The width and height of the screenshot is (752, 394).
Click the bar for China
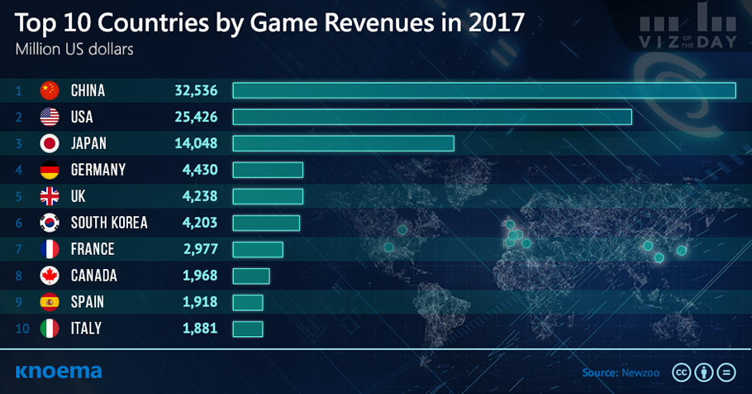[x=483, y=90]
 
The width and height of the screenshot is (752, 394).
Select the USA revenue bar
[x=432, y=117]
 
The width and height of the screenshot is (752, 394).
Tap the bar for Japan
[x=343, y=143]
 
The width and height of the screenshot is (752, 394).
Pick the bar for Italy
[x=248, y=329]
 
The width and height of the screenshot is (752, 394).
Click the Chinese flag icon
[x=50, y=90]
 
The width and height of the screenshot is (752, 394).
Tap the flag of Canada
[x=50, y=276]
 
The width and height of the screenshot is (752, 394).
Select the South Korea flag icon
[x=50, y=223]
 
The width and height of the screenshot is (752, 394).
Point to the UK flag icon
[x=50, y=196]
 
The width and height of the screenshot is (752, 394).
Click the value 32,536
[x=196, y=90]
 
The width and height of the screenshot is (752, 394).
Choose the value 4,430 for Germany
[x=200, y=170]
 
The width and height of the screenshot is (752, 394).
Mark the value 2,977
[x=200, y=249]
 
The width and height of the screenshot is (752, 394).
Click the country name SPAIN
[x=87, y=302]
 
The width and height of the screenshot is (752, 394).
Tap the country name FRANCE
[x=93, y=249]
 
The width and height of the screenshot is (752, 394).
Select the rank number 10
[x=22, y=329]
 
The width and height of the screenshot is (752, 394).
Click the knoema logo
[x=59, y=371]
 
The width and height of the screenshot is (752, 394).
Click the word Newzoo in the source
[x=638, y=372]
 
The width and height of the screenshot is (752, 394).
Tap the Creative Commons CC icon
[x=683, y=372]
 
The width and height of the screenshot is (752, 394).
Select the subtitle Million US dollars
[x=74, y=47]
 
